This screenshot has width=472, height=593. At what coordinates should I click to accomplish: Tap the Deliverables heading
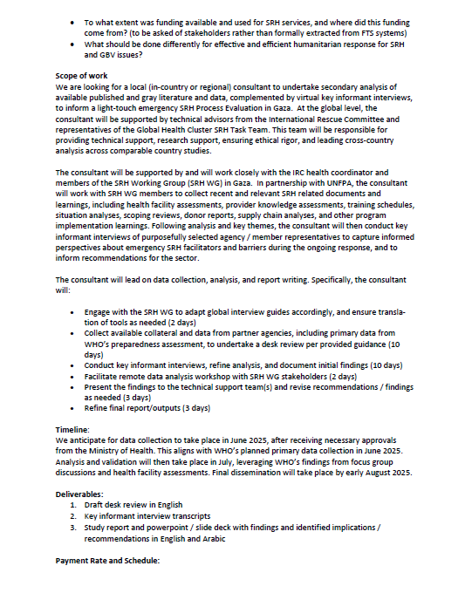click(x=80, y=494)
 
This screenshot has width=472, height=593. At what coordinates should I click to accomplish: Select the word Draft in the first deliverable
click(x=97, y=505)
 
